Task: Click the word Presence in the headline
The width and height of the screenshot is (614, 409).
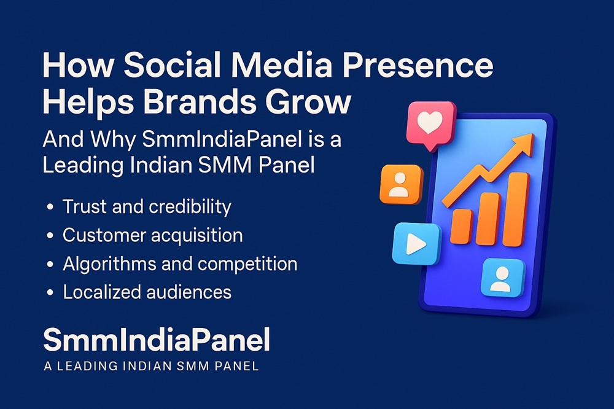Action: tap(418, 66)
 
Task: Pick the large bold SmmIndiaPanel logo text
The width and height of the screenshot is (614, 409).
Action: tap(157, 340)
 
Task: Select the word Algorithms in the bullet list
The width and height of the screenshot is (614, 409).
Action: tap(109, 264)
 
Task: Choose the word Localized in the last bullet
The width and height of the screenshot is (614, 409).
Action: tap(102, 292)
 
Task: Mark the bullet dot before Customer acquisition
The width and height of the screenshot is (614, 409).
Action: tap(50, 236)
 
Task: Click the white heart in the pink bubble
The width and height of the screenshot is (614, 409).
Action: tap(430, 122)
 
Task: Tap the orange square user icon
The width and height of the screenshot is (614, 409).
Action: tap(402, 184)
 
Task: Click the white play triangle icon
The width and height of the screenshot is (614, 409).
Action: tap(416, 244)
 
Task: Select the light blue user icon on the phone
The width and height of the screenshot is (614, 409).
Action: tap(502, 278)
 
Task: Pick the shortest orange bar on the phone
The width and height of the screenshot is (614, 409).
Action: tap(461, 227)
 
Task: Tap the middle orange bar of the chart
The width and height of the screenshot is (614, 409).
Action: tap(488, 219)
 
